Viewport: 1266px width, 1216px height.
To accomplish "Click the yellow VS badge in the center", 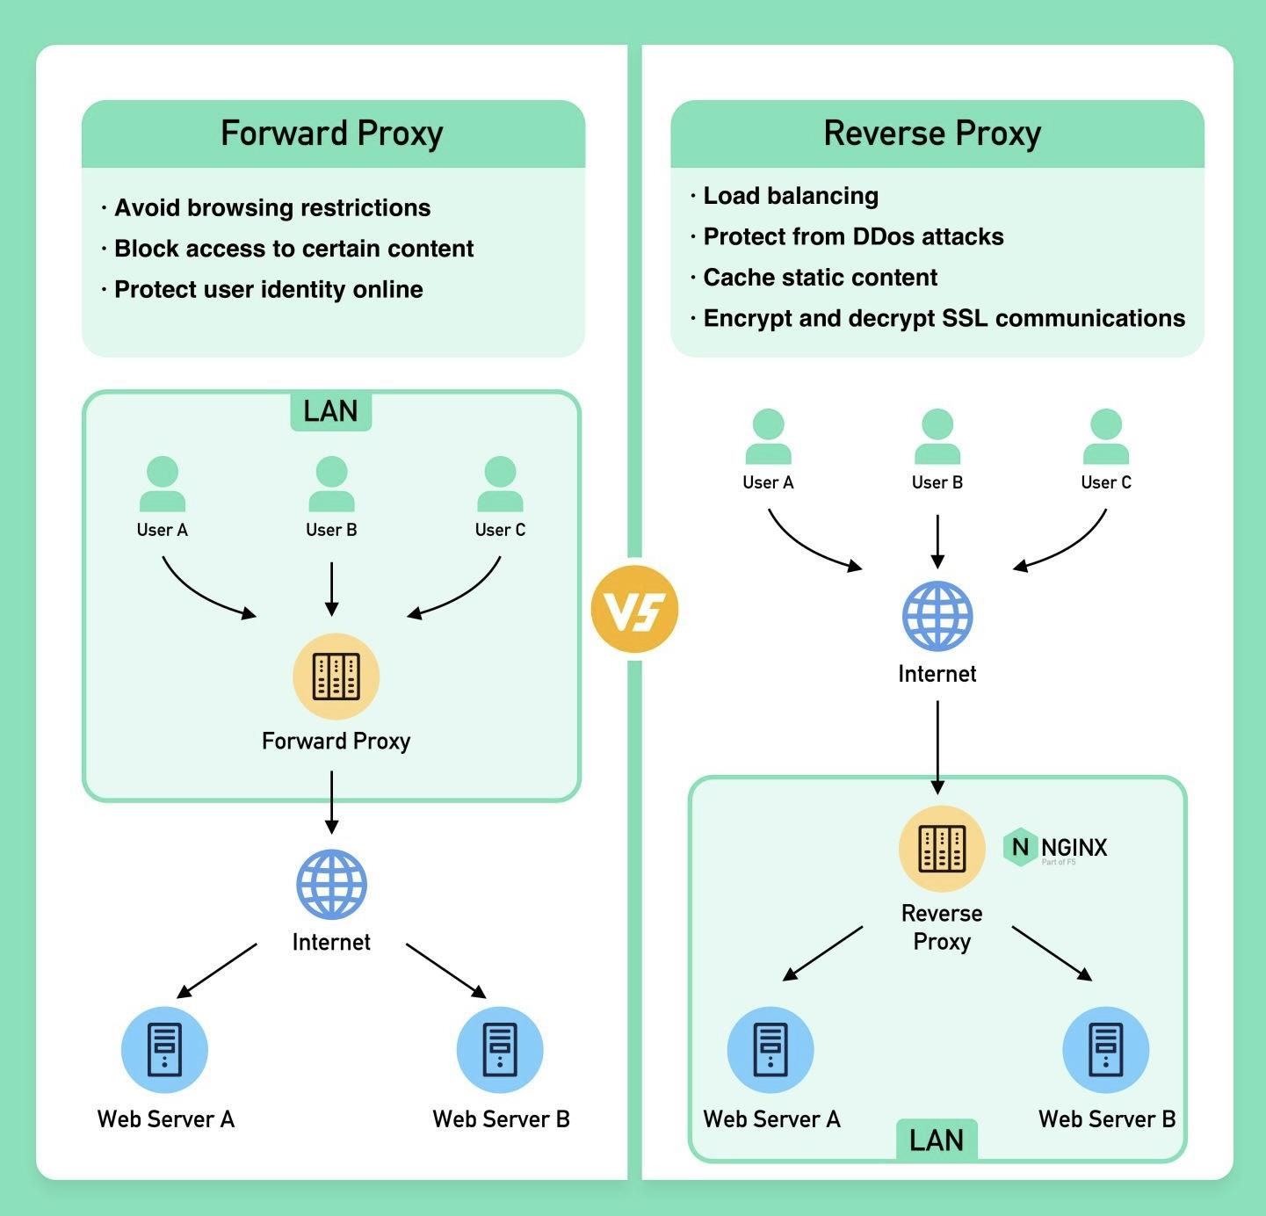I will (x=634, y=609).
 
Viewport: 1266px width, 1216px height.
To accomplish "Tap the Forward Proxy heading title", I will (x=332, y=134).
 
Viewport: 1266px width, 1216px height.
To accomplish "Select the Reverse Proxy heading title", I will (x=932, y=134).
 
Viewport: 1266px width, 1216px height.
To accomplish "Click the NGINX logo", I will (x=1055, y=848).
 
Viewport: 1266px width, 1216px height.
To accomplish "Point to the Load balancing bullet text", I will (x=791, y=196).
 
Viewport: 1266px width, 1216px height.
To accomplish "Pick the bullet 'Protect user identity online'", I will (x=269, y=290).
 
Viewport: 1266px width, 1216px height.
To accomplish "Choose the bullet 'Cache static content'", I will (x=821, y=278).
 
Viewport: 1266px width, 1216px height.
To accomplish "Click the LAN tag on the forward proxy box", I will (x=330, y=411).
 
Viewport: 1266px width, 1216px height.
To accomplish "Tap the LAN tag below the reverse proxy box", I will (x=937, y=1140).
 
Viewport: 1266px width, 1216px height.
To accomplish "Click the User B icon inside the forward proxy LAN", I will (x=331, y=483).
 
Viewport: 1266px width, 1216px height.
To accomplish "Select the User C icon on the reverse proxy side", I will (x=1105, y=436).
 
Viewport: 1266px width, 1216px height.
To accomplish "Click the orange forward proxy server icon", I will (x=336, y=676).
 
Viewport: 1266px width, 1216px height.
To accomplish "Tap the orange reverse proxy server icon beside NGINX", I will (x=942, y=849).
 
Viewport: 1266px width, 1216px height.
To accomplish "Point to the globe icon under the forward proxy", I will (x=331, y=884).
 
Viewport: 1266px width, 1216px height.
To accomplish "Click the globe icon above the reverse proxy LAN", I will (x=937, y=616).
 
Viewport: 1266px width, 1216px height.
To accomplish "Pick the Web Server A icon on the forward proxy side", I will (x=164, y=1050).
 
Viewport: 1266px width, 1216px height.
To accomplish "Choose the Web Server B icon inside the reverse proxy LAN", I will (x=1105, y=1050).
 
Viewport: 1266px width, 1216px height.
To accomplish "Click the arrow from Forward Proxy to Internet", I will (x=331, y=801).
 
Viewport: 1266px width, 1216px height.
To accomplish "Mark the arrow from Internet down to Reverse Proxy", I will (x=937, y=747).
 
